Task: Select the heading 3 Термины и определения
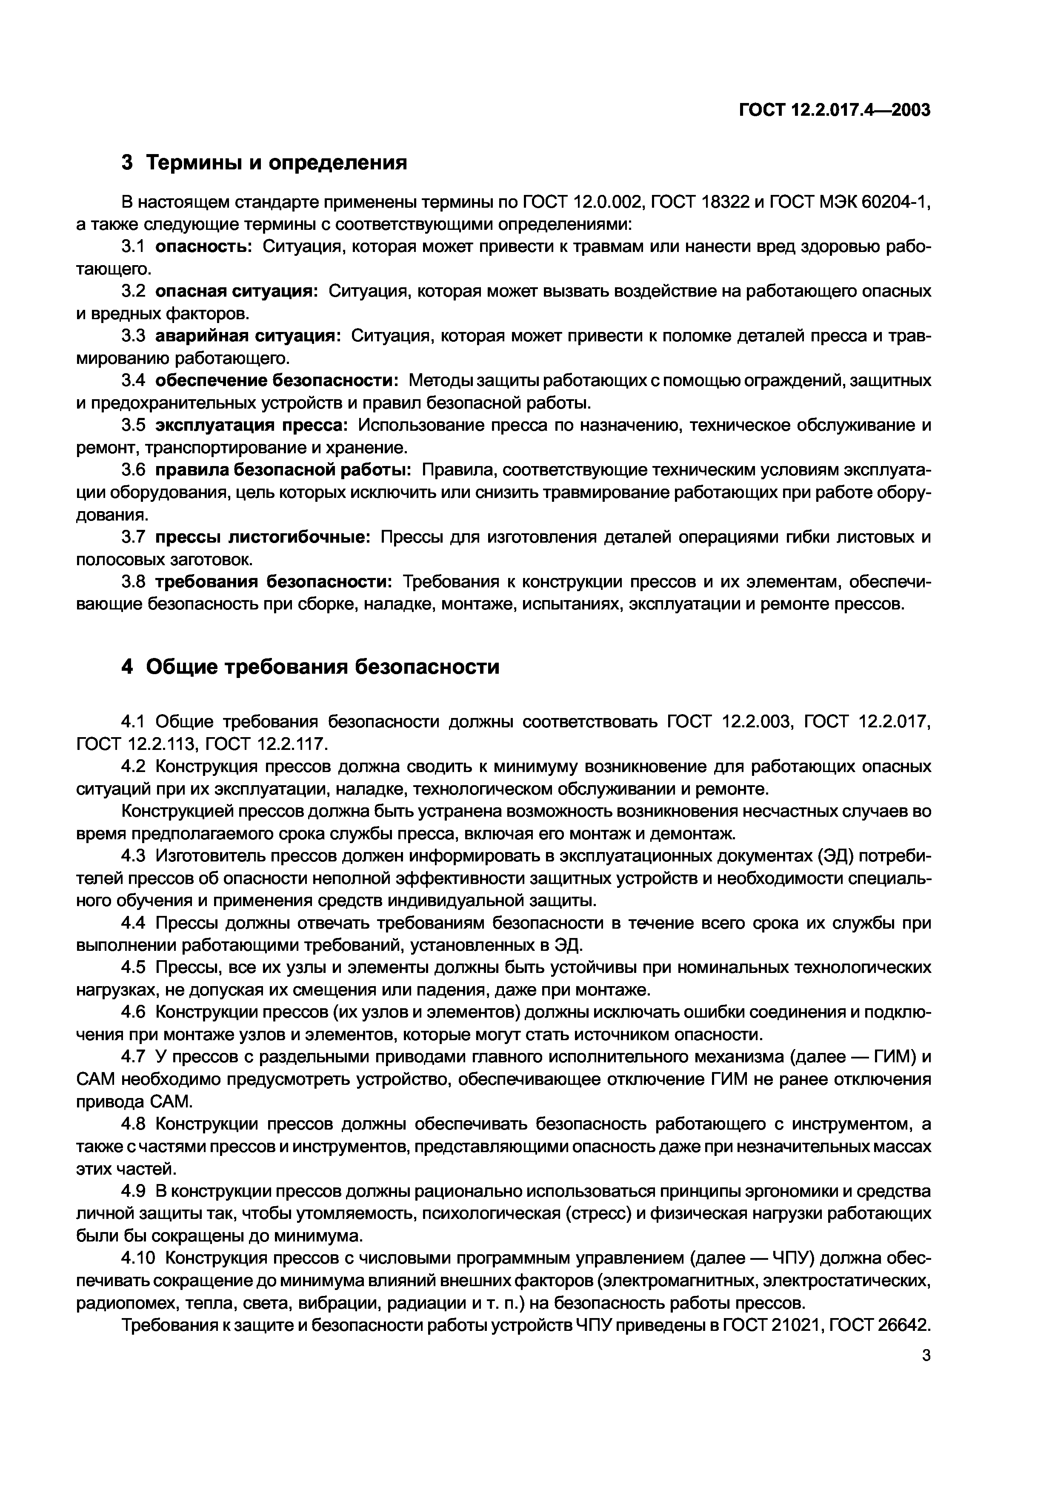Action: point(265,163)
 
